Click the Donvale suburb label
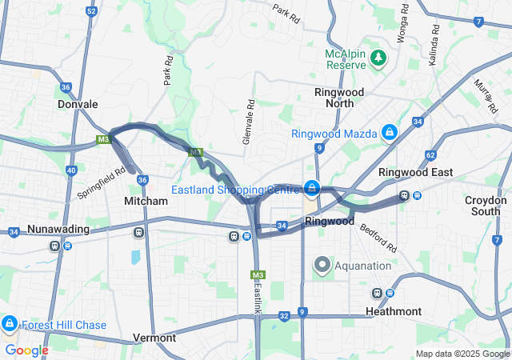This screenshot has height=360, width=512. pos(78,104)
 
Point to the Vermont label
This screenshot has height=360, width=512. pos(154,338)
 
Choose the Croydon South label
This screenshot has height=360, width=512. pos(486,206)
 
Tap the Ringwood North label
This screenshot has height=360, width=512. pos(339,98)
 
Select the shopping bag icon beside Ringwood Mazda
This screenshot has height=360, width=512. pos(389,132)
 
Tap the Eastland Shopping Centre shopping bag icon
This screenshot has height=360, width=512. pos(311,190)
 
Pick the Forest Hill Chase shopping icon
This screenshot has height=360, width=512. pos(10,324)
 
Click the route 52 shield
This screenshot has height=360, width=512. pos(91,12)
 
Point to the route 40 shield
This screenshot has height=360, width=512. pos(71,170)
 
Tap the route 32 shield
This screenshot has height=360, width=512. pos(284,316)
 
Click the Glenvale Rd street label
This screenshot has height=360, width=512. pos(250,117)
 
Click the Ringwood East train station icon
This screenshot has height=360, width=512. pos(405,195)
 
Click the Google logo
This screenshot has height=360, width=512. pos(26,350)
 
